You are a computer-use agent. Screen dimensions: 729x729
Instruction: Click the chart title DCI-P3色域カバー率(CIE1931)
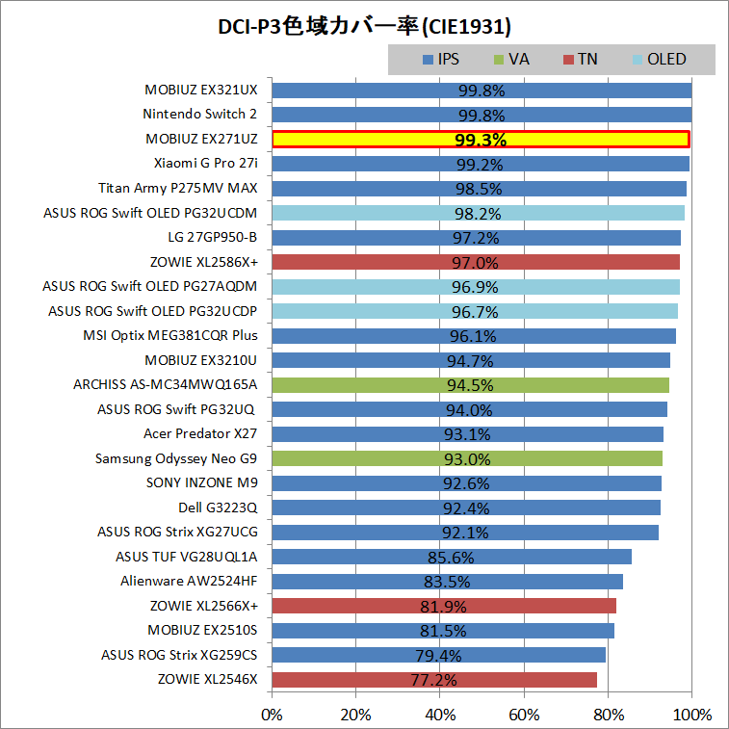point(364,24)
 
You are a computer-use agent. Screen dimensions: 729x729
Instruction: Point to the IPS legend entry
point(440,60)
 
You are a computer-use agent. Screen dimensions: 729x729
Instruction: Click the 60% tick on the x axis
point(524,715)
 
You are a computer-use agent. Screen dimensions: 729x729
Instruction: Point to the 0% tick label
point(273,715)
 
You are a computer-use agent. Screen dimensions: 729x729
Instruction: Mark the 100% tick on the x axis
point(692,715)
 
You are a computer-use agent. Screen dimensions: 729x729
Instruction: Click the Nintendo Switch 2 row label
point(200,115)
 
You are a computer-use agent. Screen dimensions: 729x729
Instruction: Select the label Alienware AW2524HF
point(190,581)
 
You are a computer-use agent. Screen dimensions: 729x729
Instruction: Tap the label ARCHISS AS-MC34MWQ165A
point(166,384)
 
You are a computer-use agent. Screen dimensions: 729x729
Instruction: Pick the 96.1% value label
point(472,336)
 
